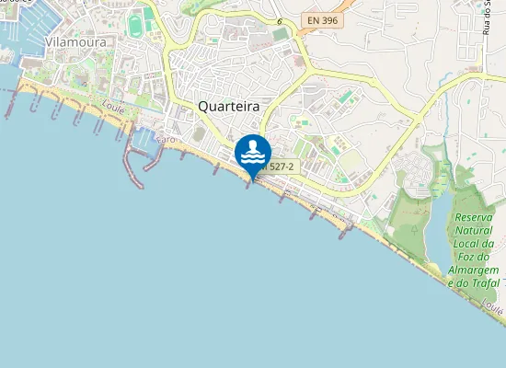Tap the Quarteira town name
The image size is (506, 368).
pyautogui.click(x=229, y=107)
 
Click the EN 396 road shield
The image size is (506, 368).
pyautogui.click(x=322, y=18)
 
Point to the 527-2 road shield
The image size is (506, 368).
pyautogui.click(x=277, y=167)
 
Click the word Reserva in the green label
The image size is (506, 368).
pyautogui.click(x=476, y=218)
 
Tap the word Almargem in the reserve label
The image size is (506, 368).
pyautogui.click(x=473, y=270)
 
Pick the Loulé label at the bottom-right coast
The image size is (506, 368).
pyautogui.click(x=491, y=305)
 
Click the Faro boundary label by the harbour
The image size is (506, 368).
pyautogui.click(x=167, y=139)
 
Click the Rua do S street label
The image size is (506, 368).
pyautogui.click(x=487, y=18)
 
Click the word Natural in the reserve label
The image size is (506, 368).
pyautogui.click(x=476, y=231)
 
